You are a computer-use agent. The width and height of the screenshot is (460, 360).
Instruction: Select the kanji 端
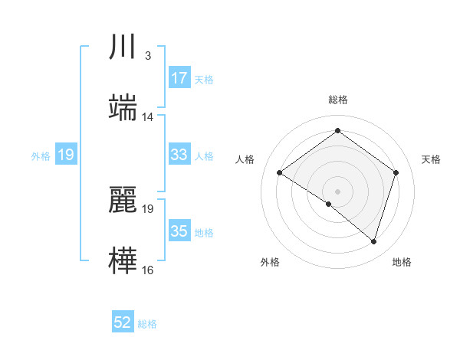click(123, 108)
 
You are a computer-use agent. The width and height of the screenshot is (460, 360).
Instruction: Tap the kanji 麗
click(123, 201)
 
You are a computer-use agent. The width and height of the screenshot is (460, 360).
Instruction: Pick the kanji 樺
click(123, 260)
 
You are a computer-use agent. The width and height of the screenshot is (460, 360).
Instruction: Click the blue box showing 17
click(179, 78)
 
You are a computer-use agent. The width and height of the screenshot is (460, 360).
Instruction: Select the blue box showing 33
click(179, 155)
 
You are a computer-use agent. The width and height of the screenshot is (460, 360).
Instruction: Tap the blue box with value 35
click(179, 231)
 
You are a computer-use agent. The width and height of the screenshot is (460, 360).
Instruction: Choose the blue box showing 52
click(123, 323)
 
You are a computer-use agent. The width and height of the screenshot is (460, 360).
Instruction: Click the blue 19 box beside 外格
click(65, 155)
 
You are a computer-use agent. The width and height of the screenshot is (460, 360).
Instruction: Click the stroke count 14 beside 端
click(148, 117)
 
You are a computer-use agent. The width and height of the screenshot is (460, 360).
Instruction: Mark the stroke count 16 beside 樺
click(148, 270)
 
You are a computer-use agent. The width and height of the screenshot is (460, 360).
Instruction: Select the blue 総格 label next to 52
click(147, 324)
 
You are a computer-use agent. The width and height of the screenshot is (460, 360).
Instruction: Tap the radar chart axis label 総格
click(338, 100)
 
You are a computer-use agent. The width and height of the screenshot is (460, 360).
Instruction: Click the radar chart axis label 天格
click(431, 159)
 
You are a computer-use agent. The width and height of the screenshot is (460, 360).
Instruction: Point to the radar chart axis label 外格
click(270, 262)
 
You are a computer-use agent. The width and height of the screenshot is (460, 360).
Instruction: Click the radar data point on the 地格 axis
click(373, 242)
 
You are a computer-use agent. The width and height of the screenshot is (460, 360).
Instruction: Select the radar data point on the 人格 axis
click(280, 173)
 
